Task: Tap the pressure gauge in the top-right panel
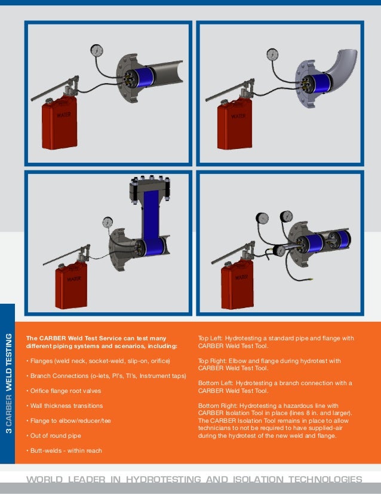click(x=272, y=53)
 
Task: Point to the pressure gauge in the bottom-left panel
click(x=108, y=222)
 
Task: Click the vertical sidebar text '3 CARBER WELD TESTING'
click(x=8, y=383)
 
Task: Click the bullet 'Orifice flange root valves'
click(x=63, y=391)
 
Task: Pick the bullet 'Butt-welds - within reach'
click(x=63, y=450)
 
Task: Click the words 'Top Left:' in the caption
click(x=209, y=339)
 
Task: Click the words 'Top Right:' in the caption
click(x=211, y=361)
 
